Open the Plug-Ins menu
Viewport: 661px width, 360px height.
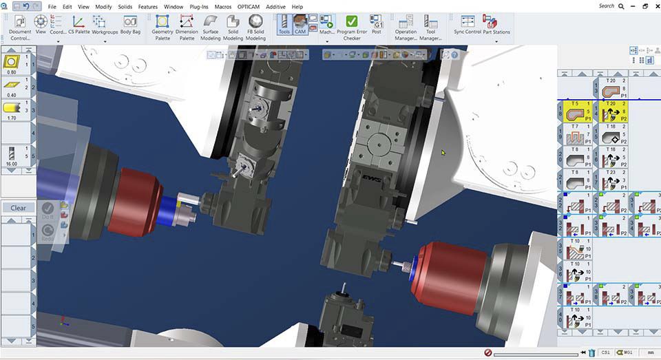pyautogui.click(x=198, y=6)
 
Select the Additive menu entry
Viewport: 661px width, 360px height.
pyautogui.click(x=275, y=6)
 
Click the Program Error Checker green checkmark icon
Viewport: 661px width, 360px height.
pyautogui.click(x=351, y=22)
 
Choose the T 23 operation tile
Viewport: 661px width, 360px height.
pyautogui.click(x=611, y=179)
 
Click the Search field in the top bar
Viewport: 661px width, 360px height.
pyautogui.click(x=607, y=6)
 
